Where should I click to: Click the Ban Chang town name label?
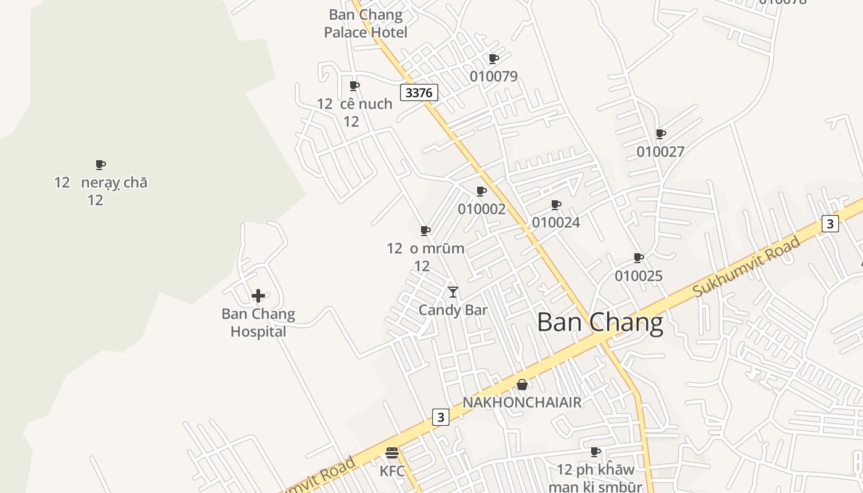[x=600, y=322]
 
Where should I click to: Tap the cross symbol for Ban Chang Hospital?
[x=258, y=296]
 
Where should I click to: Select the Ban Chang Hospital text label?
[x=258, y=323]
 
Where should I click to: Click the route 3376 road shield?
[x=419, y=92]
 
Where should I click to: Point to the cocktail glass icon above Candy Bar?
[x=453, y=292]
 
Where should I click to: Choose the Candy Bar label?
[x=453, y=310]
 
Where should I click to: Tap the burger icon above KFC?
[x=392, y=453]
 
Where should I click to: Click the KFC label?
[x=392, y=471]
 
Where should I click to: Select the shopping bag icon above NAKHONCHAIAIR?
[x=522, y=385]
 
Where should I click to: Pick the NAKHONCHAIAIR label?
[x=522, y=402]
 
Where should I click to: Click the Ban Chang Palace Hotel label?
[x=366, y=23]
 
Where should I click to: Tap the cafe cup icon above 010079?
[x=493, y=59]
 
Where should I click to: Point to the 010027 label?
[x=660, y=152]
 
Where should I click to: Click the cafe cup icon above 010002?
[x=481, y=191]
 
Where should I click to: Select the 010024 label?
[x=555, y=222]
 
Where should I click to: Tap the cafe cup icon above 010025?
[x=639, y=258]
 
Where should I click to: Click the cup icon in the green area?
[x=100, y=165]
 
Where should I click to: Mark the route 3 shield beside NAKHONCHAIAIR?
[x=440, y=417]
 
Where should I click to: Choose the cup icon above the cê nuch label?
[x=354, y=86]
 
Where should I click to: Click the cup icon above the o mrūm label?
[x=425, y=230]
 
